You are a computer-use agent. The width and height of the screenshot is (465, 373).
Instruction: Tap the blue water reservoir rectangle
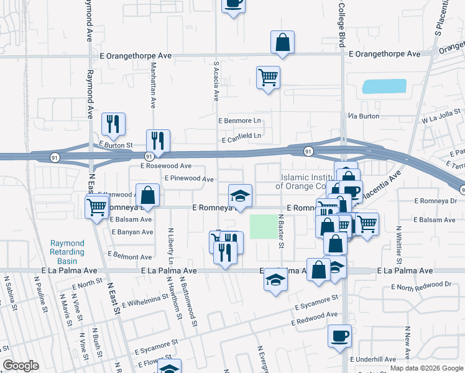coord(384,86)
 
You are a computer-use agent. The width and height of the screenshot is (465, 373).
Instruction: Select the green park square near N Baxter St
coord(264,226)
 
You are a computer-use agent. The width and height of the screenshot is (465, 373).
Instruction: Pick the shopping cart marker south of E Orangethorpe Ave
coord(268,78)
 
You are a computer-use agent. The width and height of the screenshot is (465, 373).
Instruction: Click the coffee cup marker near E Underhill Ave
coord(339,336)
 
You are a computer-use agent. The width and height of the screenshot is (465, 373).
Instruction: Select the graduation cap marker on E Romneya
coord(241,196)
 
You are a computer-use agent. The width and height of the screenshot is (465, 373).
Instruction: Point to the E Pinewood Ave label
coord(189,178)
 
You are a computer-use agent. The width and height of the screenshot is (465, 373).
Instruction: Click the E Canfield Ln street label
coord(240,136)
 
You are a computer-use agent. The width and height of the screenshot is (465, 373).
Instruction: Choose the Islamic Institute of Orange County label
coord(304,182)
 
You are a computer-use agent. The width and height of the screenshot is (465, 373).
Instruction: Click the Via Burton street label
coord(364,116)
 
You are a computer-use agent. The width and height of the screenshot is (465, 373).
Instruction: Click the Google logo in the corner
coord(21,366)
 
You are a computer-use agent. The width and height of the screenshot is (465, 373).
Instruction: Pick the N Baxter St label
coord(281,229)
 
